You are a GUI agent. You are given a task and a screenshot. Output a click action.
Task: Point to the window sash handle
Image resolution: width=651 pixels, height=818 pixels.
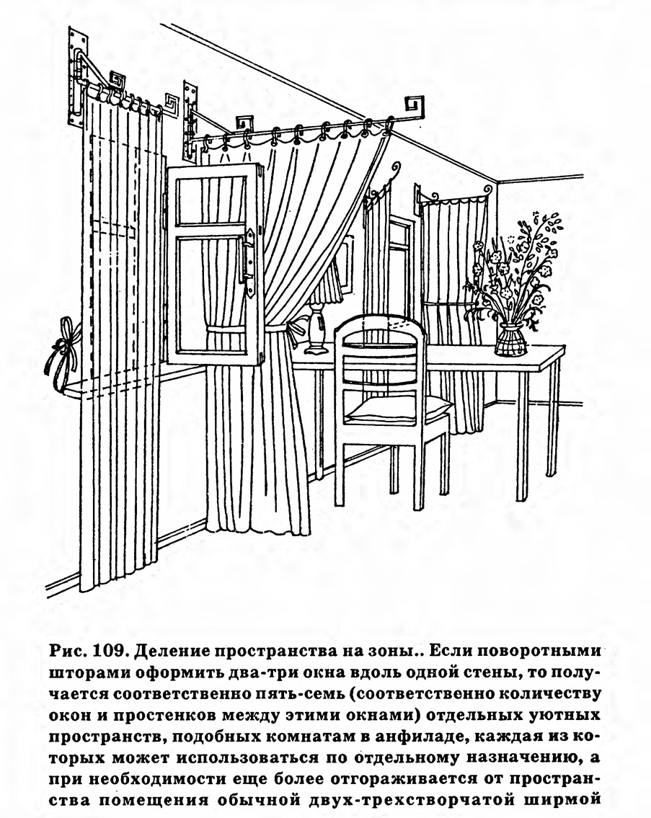pos(247,257)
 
